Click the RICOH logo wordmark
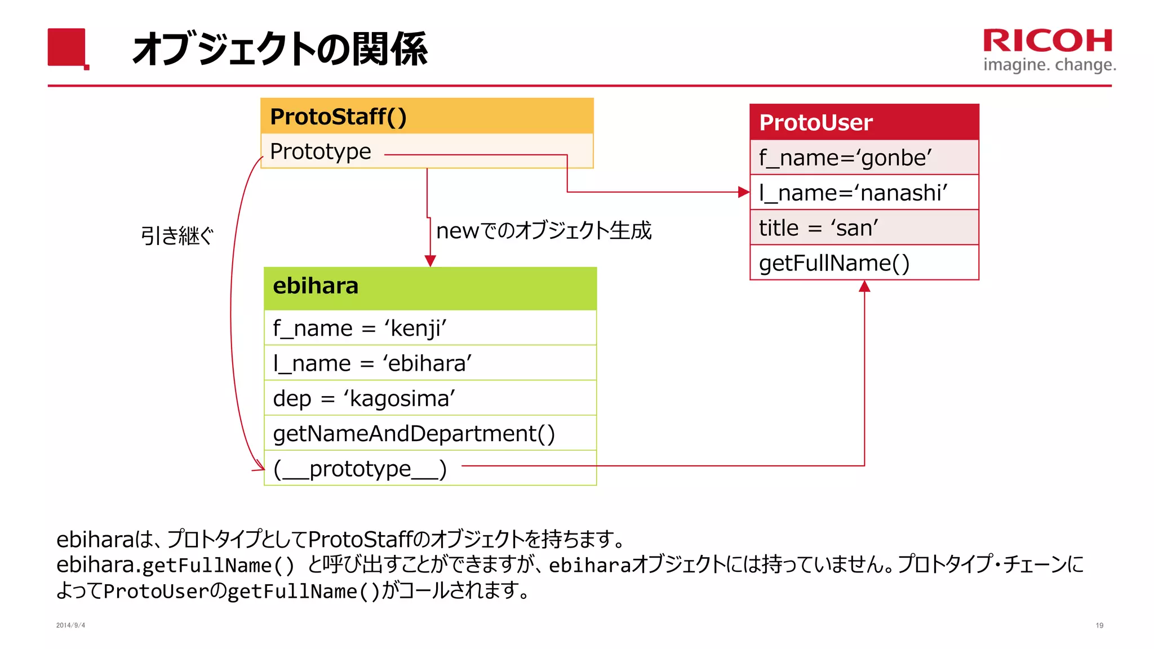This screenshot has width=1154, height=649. tap(1048, 41)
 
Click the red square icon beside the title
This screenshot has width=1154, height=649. tap(67, 48)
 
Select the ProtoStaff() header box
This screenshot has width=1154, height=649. tap(427, 117)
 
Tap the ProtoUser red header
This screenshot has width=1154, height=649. tap(864, 122)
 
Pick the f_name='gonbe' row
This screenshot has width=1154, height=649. tap(864, 158)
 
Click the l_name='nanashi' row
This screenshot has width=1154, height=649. tap(864, 193)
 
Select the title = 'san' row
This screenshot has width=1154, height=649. tap(864, 228)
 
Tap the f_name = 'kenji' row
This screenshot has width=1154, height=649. tap(430, 328)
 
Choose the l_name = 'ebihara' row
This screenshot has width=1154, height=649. tap(430, 363)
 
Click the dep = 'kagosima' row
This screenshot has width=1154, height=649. tap(430, 398)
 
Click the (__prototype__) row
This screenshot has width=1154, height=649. tap(361, 468)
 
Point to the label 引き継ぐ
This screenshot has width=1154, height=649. tap(177, 235)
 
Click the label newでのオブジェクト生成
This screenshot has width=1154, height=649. tap(544, 230)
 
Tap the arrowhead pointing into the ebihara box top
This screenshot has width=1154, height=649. tap(430, 261)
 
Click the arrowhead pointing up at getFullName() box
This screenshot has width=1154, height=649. tap(864, 287)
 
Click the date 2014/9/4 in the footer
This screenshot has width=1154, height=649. tap(70, 625)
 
